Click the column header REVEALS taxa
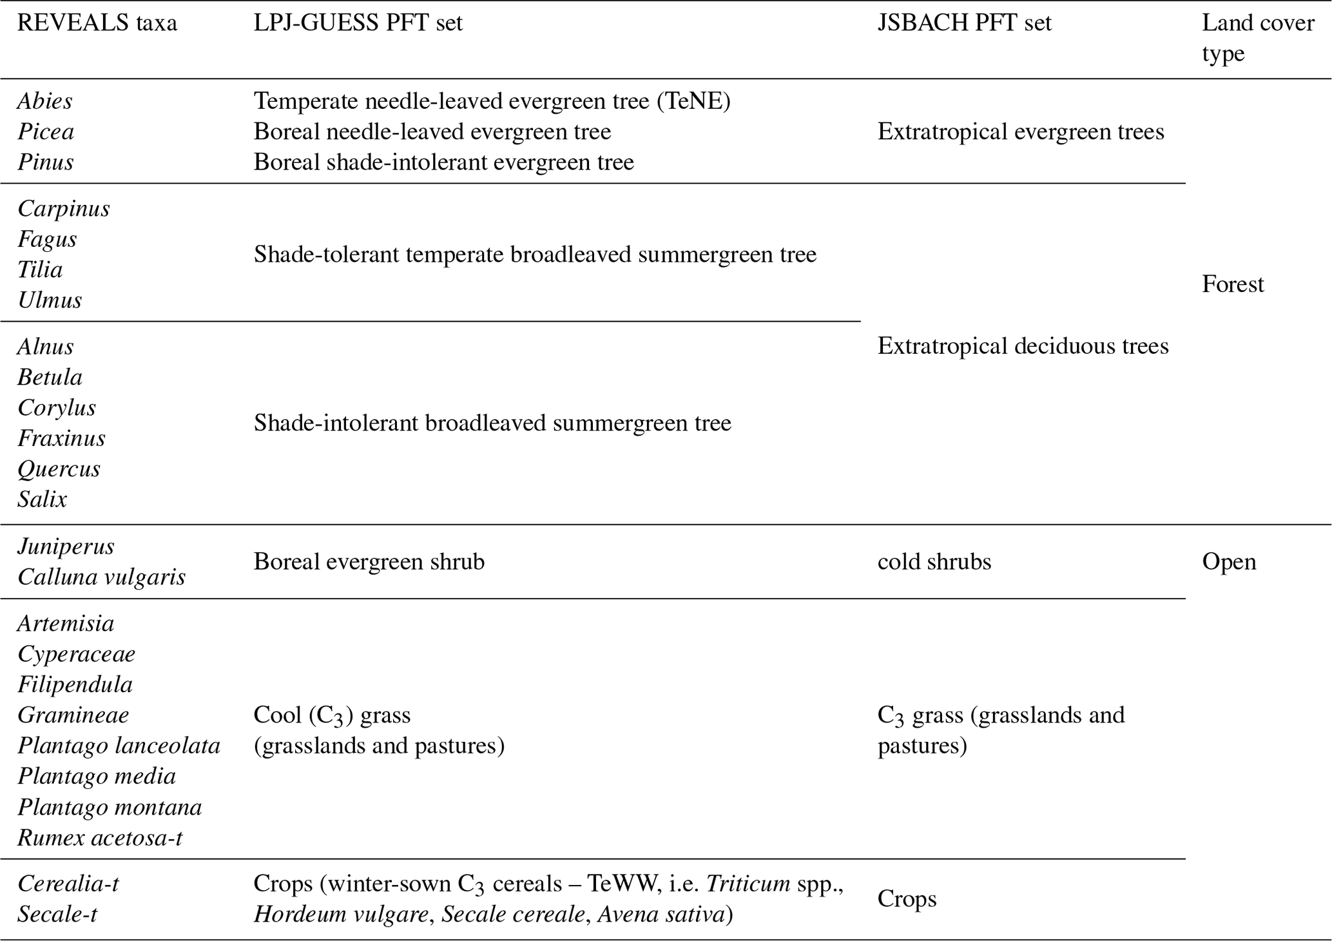[x=97, y=24]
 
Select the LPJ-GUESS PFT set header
[x=358, y=24]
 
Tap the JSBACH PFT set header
[x=964, y=24]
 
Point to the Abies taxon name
[x=45, y=101]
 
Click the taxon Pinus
[x=45, y=162]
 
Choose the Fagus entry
[x=47, y=239]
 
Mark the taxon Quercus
[x=59, y=469]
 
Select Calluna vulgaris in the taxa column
[x=101, y=577]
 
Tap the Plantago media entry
[x=97, y=776]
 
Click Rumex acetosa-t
[x=100, y=837]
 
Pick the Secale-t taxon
[x=57, y=914]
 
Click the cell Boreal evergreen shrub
[x=369, y=561]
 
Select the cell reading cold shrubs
[x=934, y=561]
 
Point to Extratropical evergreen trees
[x=1021, y=131]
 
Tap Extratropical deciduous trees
[x=1023, y=346]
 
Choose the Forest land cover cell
[x=1233, y=284]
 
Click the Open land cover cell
[x=1229, y=561]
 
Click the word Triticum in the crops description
[x=748, y=884]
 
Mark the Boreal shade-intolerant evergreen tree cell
[x=443, y=162]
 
